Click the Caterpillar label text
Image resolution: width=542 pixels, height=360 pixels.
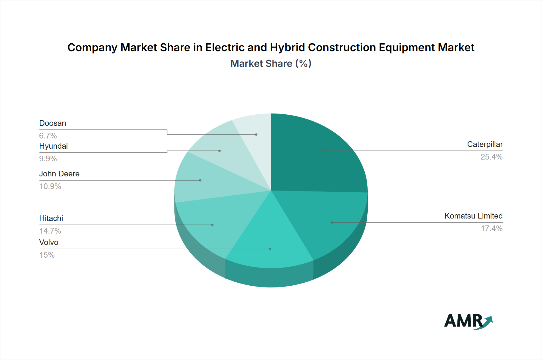click(484, 144)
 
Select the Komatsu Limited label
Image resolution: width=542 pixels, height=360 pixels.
click(473, 216)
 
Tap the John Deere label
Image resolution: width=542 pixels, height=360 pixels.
click(59, 174)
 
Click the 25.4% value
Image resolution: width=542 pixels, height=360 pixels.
click(491, 157)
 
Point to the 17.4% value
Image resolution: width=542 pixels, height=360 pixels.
click(491, 228)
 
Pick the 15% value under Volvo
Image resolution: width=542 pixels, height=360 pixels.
click(47, 255)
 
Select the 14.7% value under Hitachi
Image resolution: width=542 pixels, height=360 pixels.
click(50, 231)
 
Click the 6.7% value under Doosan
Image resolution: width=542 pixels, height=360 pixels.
click(48, 136)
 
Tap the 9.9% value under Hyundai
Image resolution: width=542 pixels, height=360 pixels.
click(48, 159)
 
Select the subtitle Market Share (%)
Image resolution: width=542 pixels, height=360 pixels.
click(271, 64)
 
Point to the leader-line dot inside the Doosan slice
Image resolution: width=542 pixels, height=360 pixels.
click(256, 135)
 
